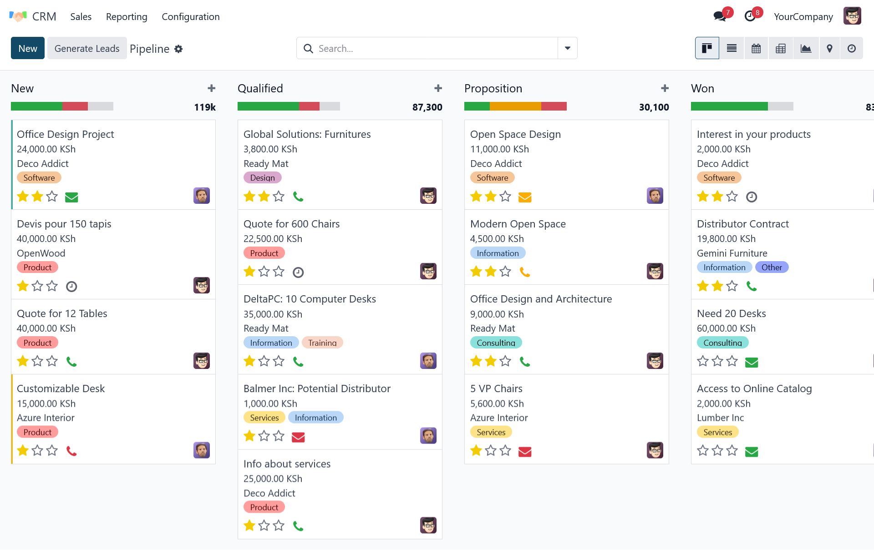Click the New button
(x=28, y=48)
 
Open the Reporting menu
(x=127, y=17)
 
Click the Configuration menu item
(x=190, y=17)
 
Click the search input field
(x=432, y=48)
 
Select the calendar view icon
(x=756, y=48)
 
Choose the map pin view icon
(x=829, y=48)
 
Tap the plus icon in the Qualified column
(x=438, y=88)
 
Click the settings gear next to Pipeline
(x=178, y=49)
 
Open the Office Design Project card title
(x=66, y=134)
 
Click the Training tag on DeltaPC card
(x=322, y=343)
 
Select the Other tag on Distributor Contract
(x=772, y=267)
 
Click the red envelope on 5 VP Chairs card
(x=525, y=451)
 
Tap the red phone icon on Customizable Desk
(x=71, y=451)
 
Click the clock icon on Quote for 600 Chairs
(x=298, y=272)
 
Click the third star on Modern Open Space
(x=505, y=272)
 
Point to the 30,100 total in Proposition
(x=654, y=107)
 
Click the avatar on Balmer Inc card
(x=428, y=436)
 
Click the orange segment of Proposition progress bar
(x=515, y=106)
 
